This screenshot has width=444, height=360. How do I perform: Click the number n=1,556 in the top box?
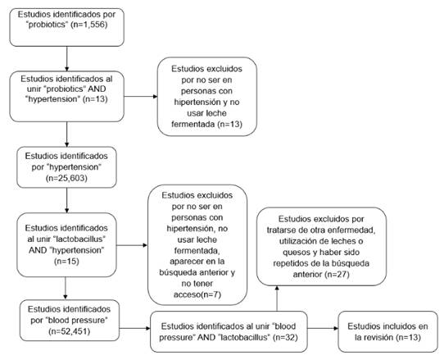(90, 25)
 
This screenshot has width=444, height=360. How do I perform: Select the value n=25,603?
(66, 178)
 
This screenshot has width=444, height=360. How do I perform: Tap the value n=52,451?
(69, 331)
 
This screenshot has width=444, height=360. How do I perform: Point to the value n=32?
(286, 337)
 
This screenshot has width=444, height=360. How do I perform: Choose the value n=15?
(66, 261)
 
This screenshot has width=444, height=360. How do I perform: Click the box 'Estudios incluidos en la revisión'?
(387, 331)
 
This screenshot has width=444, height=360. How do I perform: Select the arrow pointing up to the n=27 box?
(277, 298)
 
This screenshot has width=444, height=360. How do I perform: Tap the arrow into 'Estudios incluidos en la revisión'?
(323, 329)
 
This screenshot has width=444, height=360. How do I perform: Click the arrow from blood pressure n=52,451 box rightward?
(135, 329)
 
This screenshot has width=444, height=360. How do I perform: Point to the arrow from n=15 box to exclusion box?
(132, 245)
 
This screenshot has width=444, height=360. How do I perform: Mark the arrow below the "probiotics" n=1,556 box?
(67, 59)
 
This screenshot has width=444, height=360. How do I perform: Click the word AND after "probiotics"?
(97, 89)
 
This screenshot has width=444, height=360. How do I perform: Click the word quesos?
(297, 252)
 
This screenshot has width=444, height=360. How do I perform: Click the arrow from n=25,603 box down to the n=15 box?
(67, 200)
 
